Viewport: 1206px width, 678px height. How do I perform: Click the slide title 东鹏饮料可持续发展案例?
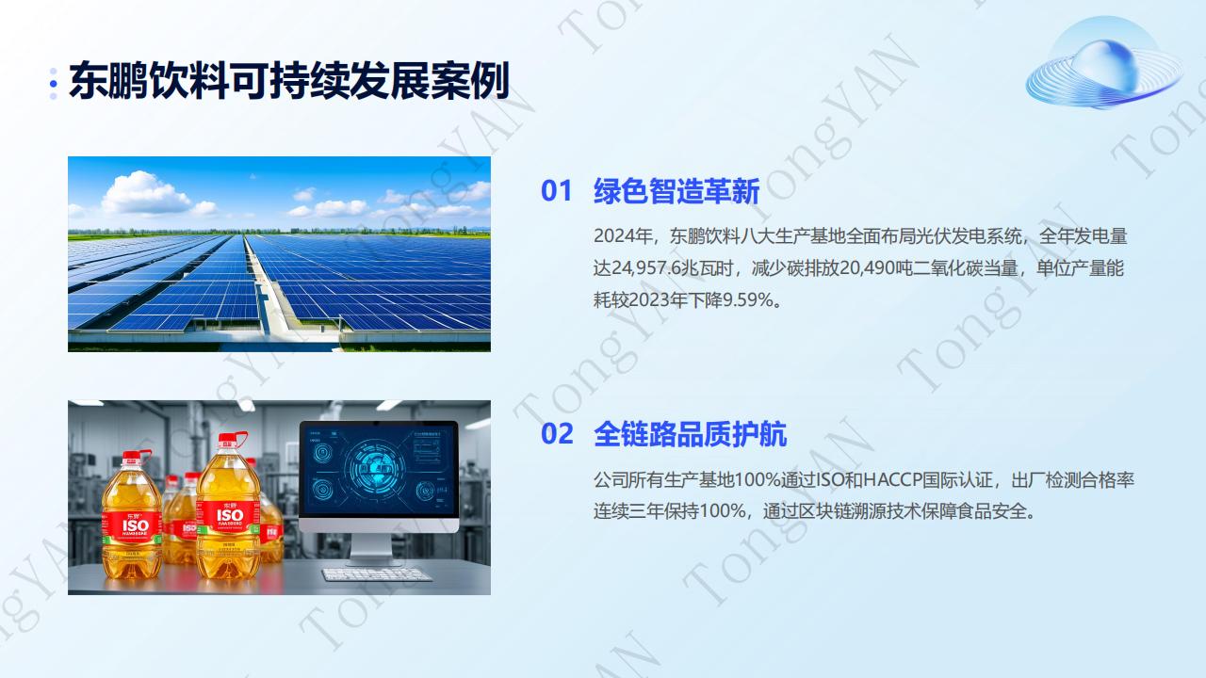pos(289,81)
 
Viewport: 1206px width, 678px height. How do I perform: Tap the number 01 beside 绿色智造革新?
pos(556,191)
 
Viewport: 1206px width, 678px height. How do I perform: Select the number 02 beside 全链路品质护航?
pos(557,434)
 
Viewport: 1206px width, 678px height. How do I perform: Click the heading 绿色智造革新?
pos(676,191)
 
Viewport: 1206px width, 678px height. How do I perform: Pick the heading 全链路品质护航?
pos(691,434)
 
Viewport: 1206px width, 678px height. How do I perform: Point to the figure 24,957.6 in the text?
pos(646,268)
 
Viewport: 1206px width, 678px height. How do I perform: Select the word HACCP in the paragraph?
pos(892,479)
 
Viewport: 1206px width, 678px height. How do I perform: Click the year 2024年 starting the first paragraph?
pos(623,236)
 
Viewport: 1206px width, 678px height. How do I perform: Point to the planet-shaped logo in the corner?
pos(1103,63)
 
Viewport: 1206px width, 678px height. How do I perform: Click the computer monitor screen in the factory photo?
pos(379,469)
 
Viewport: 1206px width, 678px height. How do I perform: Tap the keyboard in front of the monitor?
pos(376,574)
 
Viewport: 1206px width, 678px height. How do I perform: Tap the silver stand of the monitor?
pos(372,547)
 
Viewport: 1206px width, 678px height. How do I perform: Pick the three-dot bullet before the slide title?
pos(54,84)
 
